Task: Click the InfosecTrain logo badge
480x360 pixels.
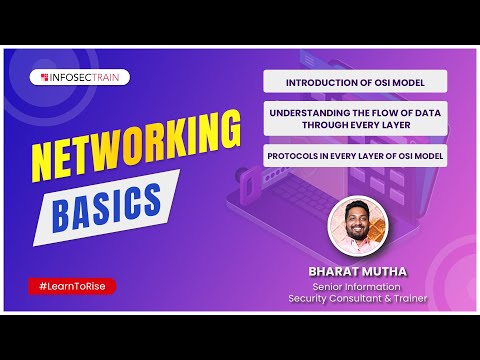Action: click(x=85, y=77)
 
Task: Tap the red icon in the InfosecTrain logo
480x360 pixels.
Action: click(x=46, y=77)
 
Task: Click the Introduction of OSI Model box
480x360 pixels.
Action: click(x=355, y=81)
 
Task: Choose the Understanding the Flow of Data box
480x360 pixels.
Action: click(x=355, y=120)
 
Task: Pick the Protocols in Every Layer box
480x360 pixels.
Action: click(x=355, y=158)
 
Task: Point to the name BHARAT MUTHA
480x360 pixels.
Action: click(x=364, y=270)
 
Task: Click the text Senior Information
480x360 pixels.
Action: click(x=364, y=286)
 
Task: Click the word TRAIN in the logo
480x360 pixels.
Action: click(x=110, y=77)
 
